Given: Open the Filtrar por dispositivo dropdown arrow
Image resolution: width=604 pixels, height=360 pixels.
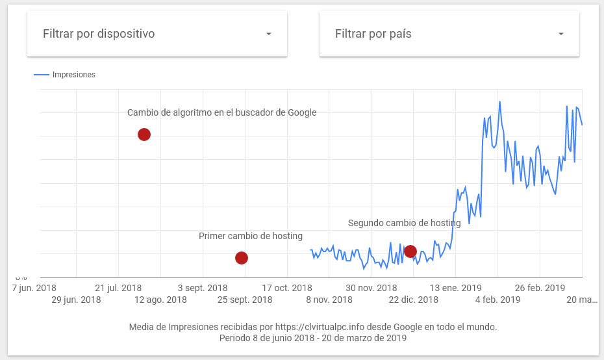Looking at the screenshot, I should click(269, 34).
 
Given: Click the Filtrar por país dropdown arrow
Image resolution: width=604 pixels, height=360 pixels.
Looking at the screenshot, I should click(561, 34).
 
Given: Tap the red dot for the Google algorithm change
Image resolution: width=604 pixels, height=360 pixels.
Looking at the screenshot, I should click(144, 135).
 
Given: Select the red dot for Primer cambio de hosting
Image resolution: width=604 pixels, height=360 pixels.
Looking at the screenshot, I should click(241, 258).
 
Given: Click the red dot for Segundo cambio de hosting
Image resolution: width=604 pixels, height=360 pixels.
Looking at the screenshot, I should click(410, 251).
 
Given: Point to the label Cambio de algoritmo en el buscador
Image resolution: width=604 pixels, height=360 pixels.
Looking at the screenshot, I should click(221, 112).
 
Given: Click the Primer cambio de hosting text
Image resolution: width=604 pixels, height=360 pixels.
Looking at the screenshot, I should click(251, 236).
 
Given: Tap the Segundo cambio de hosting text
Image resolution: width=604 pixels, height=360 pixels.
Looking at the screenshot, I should click(404, 223).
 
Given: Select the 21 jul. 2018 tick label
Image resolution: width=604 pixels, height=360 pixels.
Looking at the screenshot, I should click(118, 288).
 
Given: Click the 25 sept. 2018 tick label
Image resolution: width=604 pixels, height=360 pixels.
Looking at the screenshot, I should click(245, 300).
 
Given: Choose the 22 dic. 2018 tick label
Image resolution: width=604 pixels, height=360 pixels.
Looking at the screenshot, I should click(413, 300).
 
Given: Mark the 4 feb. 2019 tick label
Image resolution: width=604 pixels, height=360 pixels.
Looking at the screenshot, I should click(497, 300).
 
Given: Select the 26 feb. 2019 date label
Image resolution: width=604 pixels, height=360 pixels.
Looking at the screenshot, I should click(540, 288).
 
